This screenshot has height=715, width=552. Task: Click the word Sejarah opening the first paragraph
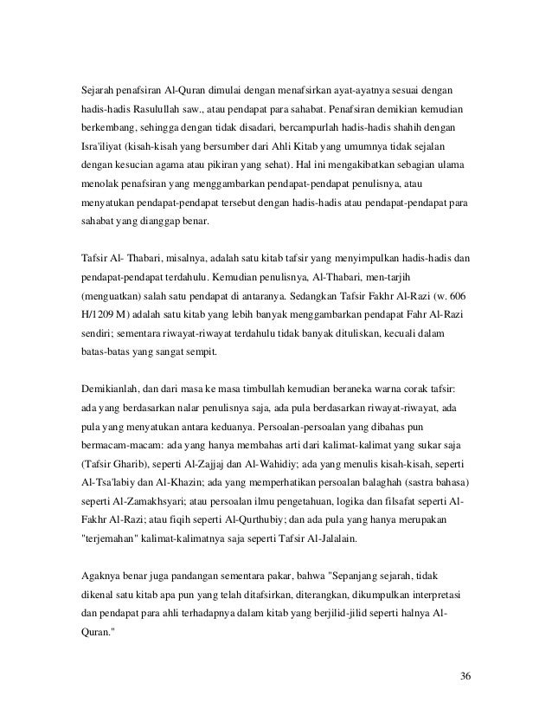93,89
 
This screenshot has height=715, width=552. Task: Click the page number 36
466,676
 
